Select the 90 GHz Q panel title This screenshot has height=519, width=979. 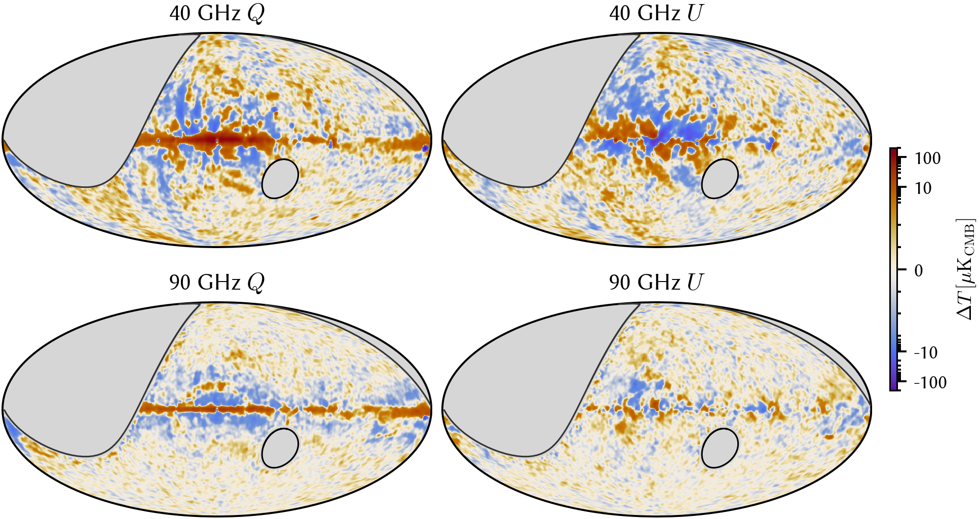[217, 283]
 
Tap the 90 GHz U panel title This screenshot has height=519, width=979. [657, 283]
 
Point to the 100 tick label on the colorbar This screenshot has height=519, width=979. [928, 158]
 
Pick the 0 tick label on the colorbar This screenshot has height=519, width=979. [919, 270]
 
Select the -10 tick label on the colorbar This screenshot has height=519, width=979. [925, 352]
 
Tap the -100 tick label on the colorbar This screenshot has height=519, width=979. [930, 382]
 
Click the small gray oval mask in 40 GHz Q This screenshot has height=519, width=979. [280, 179]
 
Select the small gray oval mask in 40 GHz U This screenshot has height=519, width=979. [720, 179]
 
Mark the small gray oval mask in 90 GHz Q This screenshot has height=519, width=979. [280, 448]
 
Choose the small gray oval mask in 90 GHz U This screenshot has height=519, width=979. [720, 448]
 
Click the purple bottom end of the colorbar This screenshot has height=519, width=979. [894, 387]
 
